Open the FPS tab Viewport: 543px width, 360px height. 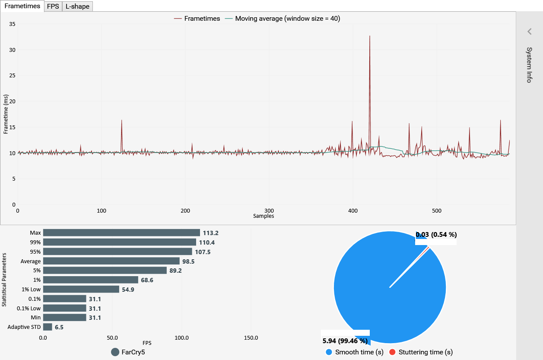pyautogui.click(x=53, y=6)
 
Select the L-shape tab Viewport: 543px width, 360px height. pyautogui.click(x=77, y=6)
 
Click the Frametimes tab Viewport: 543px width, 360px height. pyautogui.click(x=22, y=6)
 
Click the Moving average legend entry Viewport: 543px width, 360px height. pyautogui.click(x=287, y=19)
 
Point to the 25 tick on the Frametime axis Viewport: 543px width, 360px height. pyautogui.click(x=13, y=76)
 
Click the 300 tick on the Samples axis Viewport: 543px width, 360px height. pyautogui.click(x=269, y=210)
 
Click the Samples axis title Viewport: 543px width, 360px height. pyautogui.click(x=264, y=216)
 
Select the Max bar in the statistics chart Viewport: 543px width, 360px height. pyautogui.click(x=121, y=233)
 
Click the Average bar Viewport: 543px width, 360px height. pyautogui.click(x=111, y=261)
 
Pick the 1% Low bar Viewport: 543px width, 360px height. pyautogui.click(x=81, y=289)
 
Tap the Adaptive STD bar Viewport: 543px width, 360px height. pyautogui.click(x=48, y=327)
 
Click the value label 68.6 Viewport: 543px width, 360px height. pyautogui.click(x=147, y=280)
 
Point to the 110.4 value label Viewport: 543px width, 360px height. pyautogui.click(x=207, y=242)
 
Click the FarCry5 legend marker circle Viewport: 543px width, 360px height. pyautogui.click(x=115, y=352)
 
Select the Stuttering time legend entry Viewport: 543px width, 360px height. pyautogui.click(x=421, y=352)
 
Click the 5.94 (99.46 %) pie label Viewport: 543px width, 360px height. pyautogui.click(x=345, y=341)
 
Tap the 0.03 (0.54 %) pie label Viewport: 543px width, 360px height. pyautogui.click(x=436, y=235)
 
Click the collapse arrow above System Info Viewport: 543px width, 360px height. pyautogui.click(x=529, y=31)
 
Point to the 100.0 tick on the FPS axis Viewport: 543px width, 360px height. pyautogui.click(x=181, y=338)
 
